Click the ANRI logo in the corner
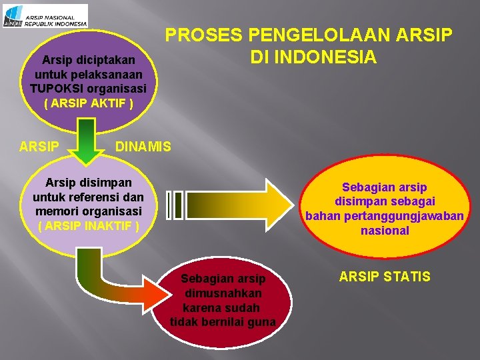pos(45,15)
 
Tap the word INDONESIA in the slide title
pos(313,58)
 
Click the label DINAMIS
pos(143,147)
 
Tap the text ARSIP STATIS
pos(385,276)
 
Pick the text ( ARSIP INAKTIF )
pos(88,225)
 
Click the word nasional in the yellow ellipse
pos(385,231)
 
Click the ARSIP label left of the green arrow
pos(39,147)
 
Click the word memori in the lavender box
pos(57,211)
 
